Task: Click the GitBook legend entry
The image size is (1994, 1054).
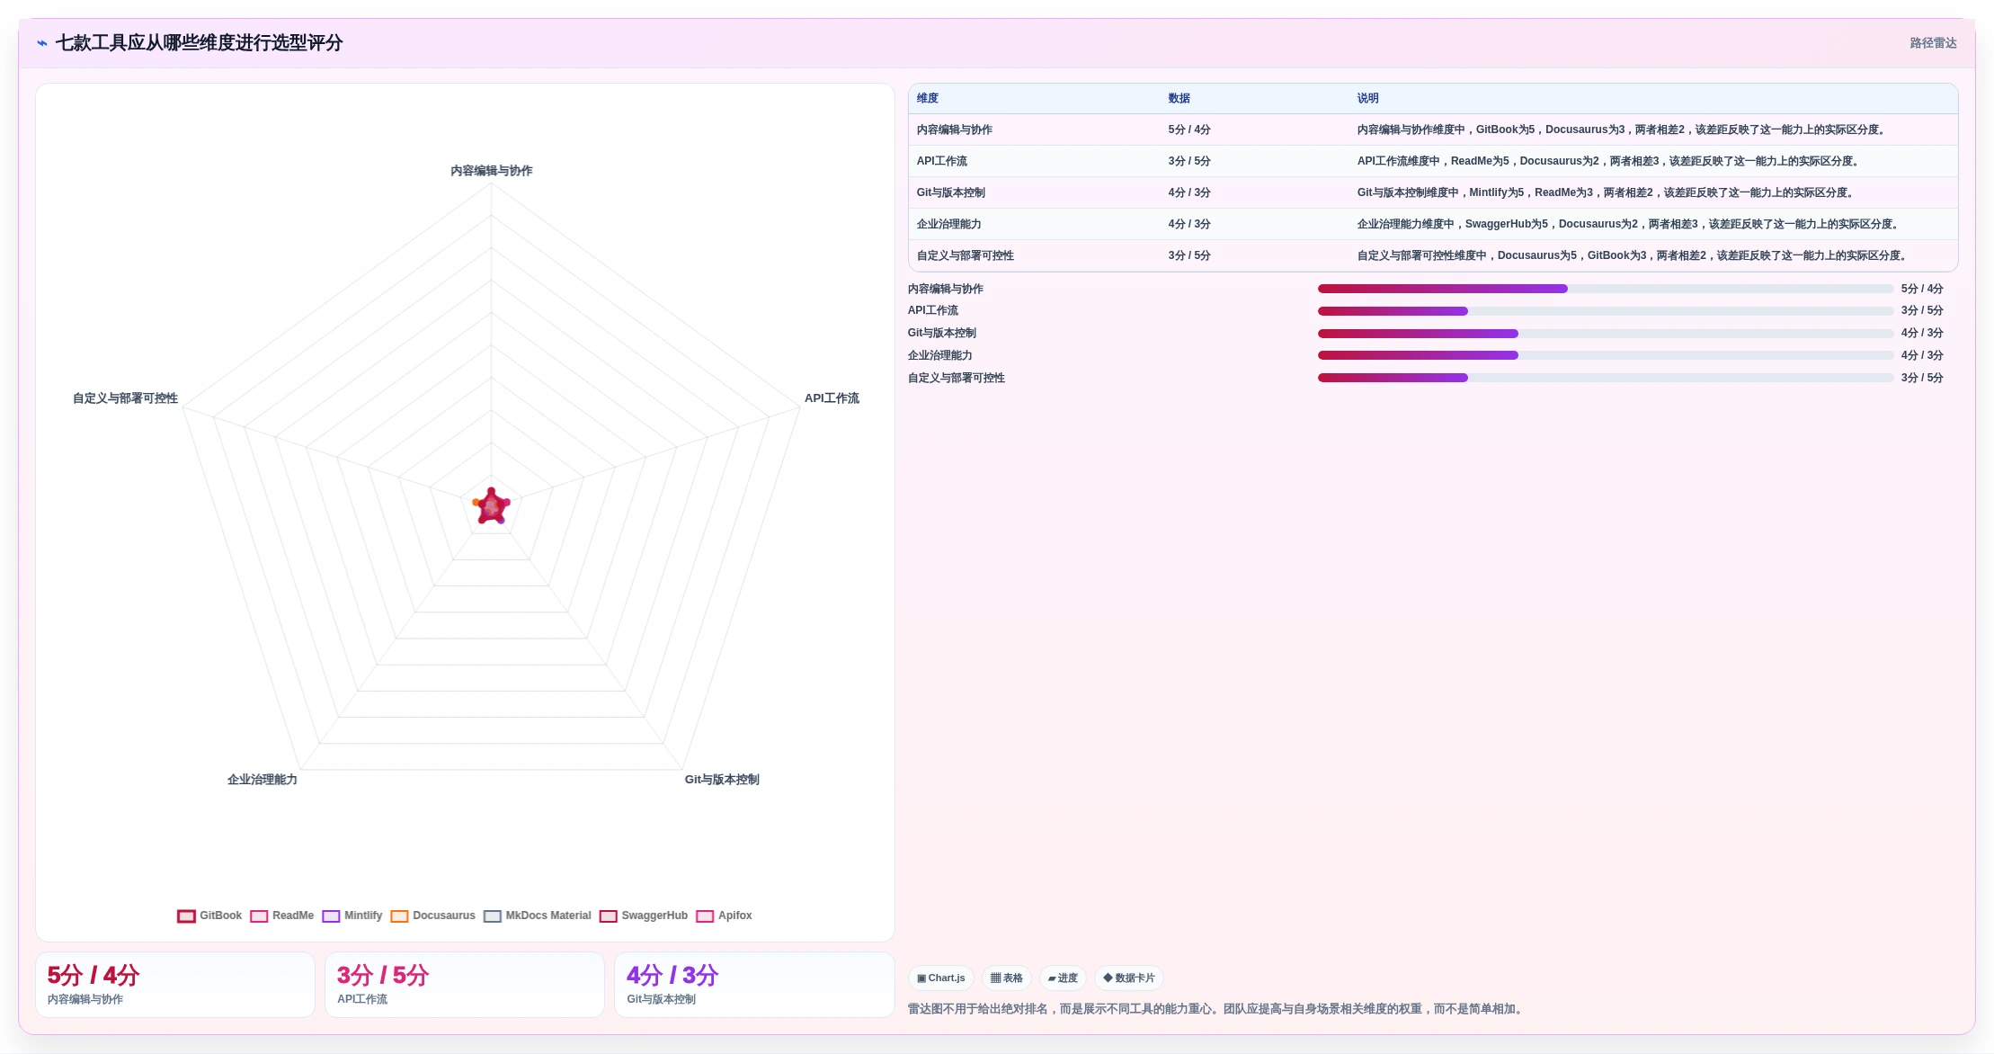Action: pos(209,916)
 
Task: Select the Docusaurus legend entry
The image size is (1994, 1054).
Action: pos(432,916)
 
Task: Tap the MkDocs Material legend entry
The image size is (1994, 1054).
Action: pos(537,916)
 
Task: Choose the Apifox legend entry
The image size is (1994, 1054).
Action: pos(724,916)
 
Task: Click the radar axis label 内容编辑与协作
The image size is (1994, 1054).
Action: pos(492,171)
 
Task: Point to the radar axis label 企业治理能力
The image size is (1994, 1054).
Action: pos(263,780)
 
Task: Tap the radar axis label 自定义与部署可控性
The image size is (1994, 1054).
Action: pos(125,398)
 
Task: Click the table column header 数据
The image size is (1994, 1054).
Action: pos(1179,98)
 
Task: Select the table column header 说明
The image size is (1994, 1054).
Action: pos(1367,98)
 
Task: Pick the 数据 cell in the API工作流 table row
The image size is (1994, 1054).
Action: pos(1189,161)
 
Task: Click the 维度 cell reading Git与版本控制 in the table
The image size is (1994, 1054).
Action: pos(951,192)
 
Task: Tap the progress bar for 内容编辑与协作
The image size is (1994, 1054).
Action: pos(1606,289)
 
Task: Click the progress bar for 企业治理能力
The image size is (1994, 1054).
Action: pos(1606,355)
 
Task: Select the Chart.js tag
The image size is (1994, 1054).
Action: pos(941,978)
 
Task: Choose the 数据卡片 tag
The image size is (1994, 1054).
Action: pos(1129,978)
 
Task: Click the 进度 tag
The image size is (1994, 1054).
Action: pos(1063,978)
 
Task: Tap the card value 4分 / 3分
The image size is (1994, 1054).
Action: pos(672,975)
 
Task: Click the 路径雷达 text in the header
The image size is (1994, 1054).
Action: pos(1933,43)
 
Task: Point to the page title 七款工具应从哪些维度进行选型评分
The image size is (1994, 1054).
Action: pos(199,43)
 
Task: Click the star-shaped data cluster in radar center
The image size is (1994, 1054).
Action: pos(492,506)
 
